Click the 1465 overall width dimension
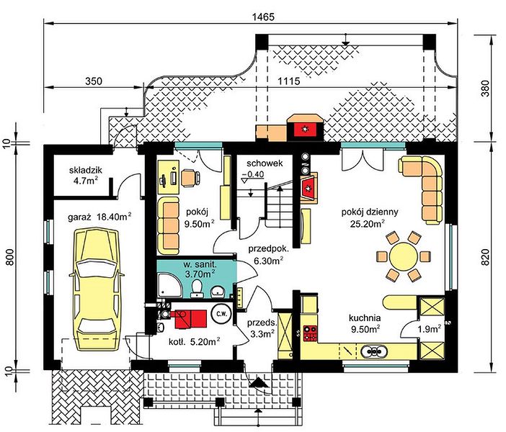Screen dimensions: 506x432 click(x=264, y=17)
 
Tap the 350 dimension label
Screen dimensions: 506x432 click(x=94, y=81)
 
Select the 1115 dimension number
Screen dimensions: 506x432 click(x=289, y=81)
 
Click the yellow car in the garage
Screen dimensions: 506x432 click(x=97, y=289)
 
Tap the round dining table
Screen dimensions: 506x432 click(x=404, y=257)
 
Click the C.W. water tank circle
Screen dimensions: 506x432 click(x=221, y=314)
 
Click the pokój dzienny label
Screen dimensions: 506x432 click(x=370, y=212)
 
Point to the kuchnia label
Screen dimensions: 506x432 click(x=365, y=318)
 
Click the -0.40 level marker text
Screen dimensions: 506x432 click(x=253, y=174)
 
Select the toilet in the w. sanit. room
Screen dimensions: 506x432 click(x=196, y=288)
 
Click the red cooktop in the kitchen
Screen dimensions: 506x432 click(x=310, y=333)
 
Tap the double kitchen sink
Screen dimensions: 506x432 click(x=373, y=351)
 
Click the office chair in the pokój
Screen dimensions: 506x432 click(x=190, y=178)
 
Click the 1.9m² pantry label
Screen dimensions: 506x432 click(x=430, y=329)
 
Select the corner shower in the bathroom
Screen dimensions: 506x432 click(x=170, y=285)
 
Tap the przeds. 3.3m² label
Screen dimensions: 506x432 click(x=262, y=328)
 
